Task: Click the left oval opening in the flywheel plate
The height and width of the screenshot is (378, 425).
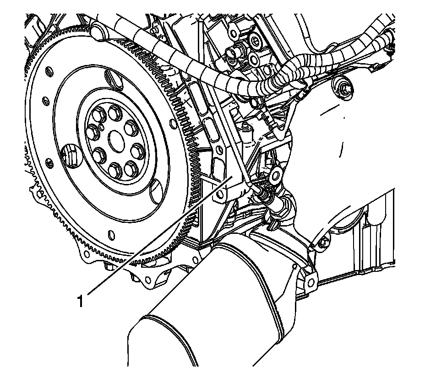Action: (68, 154)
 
